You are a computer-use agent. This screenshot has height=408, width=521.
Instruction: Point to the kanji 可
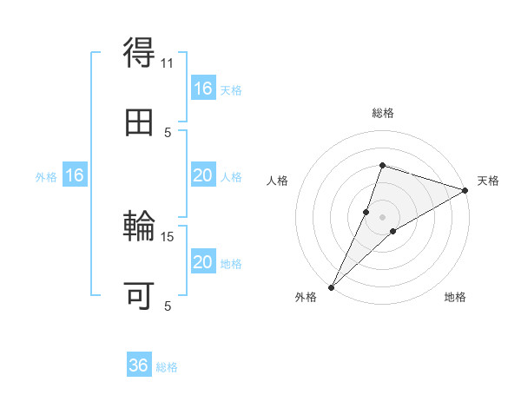tap(139, 295)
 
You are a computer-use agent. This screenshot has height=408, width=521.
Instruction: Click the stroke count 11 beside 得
tap(168, 63)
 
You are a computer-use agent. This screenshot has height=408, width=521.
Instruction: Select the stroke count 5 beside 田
tap(168, 132)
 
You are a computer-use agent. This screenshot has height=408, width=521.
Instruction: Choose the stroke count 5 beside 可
tap(168, 306)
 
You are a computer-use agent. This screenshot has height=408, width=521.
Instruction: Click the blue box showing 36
tap(139, 365)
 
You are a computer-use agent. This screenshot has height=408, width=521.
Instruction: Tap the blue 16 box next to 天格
tap(202, 89)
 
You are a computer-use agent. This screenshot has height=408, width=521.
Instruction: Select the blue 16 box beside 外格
tap(75, 175)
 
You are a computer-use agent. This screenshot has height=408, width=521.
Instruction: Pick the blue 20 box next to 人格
tap(202, 175)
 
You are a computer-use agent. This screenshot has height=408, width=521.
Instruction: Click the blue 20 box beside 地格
tap(202, 262)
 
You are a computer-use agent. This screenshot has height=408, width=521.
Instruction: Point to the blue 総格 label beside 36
tap(168, 366)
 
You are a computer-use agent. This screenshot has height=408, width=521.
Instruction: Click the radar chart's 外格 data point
tap(332, 286)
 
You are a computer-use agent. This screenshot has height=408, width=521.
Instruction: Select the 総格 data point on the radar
tap(382, 165)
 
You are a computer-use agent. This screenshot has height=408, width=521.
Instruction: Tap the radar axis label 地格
tap(455, 297)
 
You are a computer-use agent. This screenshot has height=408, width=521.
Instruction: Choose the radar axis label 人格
tap(278, 181)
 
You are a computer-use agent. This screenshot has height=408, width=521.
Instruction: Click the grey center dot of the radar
tap(382, 217)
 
